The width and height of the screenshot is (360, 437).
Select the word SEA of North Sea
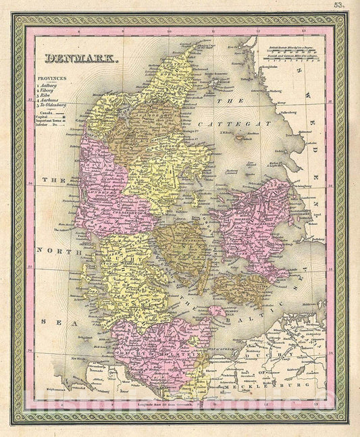click(x=46, y=322)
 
